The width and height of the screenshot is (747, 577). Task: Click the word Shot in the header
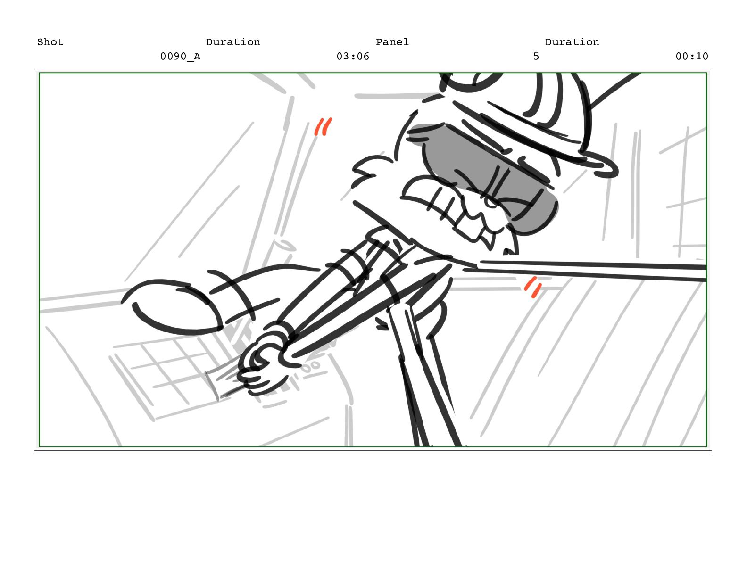point(50,42)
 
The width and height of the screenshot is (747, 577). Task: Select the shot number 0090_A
point(180,56)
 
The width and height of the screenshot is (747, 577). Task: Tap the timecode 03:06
point(353,56)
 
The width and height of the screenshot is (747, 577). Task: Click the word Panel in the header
point(392,42)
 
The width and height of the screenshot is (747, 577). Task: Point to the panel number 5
point(536,56)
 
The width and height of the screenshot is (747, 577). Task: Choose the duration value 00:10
point(692,56)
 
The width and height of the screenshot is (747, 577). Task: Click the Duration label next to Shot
point(233,42)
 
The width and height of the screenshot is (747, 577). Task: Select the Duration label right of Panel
point(572,42)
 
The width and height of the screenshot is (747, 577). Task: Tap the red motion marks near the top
point(323,126)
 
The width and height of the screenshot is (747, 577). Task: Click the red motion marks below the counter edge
point(533,287)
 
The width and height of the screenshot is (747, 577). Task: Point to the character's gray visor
point(481,172)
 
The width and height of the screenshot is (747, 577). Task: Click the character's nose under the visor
point(491,202)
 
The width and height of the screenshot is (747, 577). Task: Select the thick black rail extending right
point(591,271)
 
